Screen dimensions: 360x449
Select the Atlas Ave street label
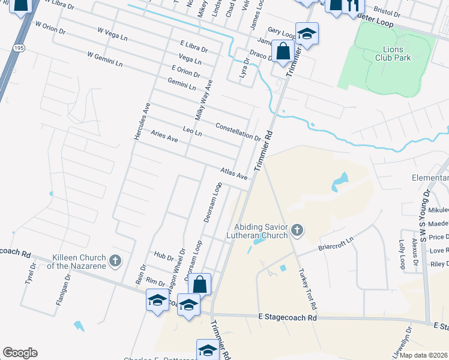click(x=234, y=174)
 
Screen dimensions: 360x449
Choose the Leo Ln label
click(x=192, y=131)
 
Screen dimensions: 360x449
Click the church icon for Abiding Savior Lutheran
click(x=296, y=229)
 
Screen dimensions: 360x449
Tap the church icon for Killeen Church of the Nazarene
click(x=115, y=261)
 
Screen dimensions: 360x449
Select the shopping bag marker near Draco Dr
click(x=282, y=50)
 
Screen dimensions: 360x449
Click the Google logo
click(x=20, y=353)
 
